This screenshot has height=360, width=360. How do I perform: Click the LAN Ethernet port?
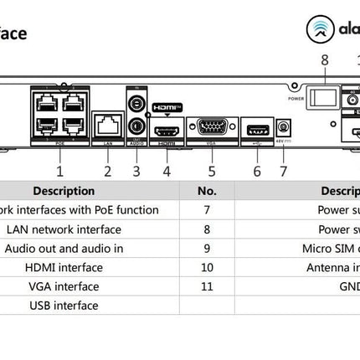(x=107, y=128)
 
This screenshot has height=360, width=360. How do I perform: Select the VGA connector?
(x=211, y=128)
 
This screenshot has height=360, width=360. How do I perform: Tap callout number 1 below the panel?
(x=59, y=171)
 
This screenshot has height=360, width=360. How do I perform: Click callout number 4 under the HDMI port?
(x=167, y=171)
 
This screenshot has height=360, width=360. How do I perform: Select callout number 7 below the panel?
(x=283, y=171)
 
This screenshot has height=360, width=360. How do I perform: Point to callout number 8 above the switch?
(x=325, y=60)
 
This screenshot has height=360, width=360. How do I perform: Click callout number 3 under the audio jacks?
(x=136, y=171)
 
